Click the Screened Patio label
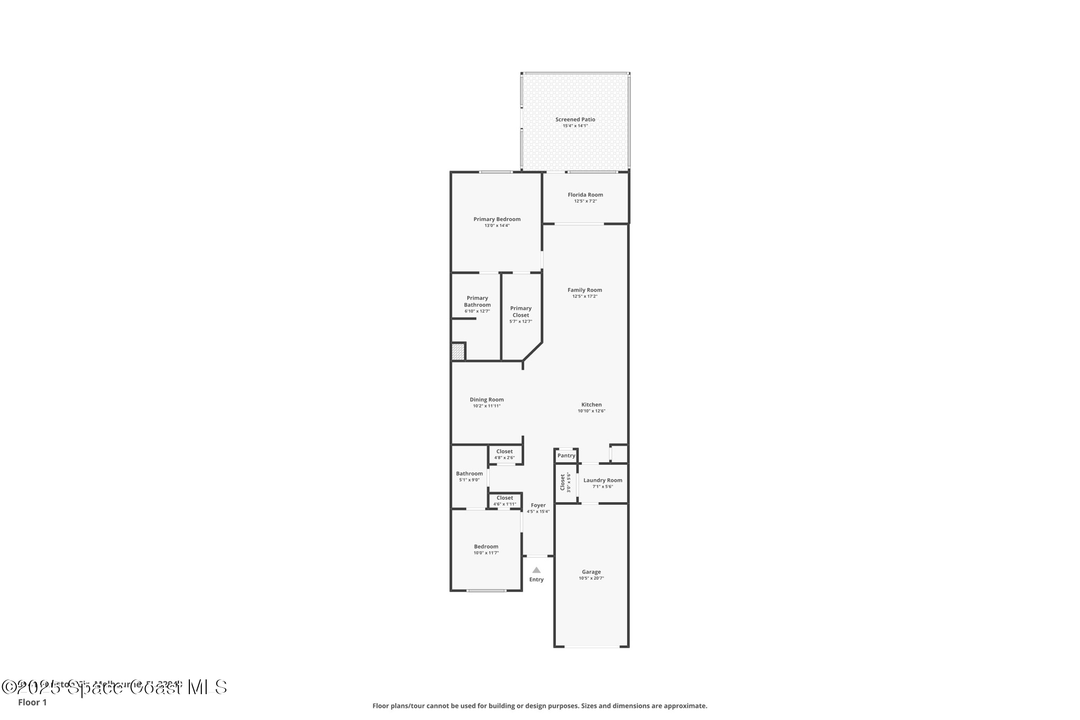[x=575, y=120]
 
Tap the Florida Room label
[x=585, y=195]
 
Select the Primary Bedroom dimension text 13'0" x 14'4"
[x=497, y=226]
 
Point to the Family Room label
[x=584, y=290]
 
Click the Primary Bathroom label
[x=477, y=301]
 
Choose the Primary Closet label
[x=520, y=312]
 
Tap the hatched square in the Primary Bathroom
[x=458, y=352]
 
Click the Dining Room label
[x=486, y=400]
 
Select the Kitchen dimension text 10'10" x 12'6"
[x=591, y=411]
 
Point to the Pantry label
[x=566, y=456]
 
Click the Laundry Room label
[x=602, y=481]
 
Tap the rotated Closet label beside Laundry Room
[x=563, y=482]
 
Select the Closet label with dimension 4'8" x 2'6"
[x=504, y=452]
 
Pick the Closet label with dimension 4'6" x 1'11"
[x=504, y=498]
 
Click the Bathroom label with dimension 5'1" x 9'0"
[x=469, y=474]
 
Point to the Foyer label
[x=538, y=505]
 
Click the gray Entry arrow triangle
[x=536, y=570]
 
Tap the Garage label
[x=591, y=572]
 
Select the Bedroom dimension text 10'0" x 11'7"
[x=486, y=553]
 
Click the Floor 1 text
[x=32, y=703]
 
